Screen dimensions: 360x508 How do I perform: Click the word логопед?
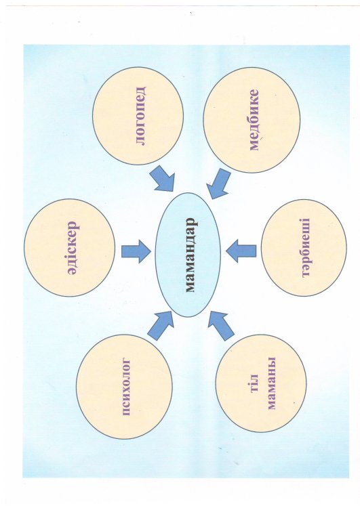coord(140,116)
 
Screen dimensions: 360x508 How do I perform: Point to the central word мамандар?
coord(191,255)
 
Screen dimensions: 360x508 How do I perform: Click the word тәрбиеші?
coord(306,248)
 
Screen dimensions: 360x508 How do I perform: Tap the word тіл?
coord(254,383)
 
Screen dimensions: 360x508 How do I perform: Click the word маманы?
coord(271,383)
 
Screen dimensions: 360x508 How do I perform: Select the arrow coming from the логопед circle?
coord(163,179)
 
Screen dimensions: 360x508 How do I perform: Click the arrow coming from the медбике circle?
coord(218,183)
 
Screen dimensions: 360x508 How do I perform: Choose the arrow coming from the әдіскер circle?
coord(136,251)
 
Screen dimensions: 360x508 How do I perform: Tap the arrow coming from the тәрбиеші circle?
coord(241,251)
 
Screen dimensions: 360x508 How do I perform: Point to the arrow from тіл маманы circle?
coord(221,326)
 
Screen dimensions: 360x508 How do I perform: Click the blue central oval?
coord(188,255)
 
